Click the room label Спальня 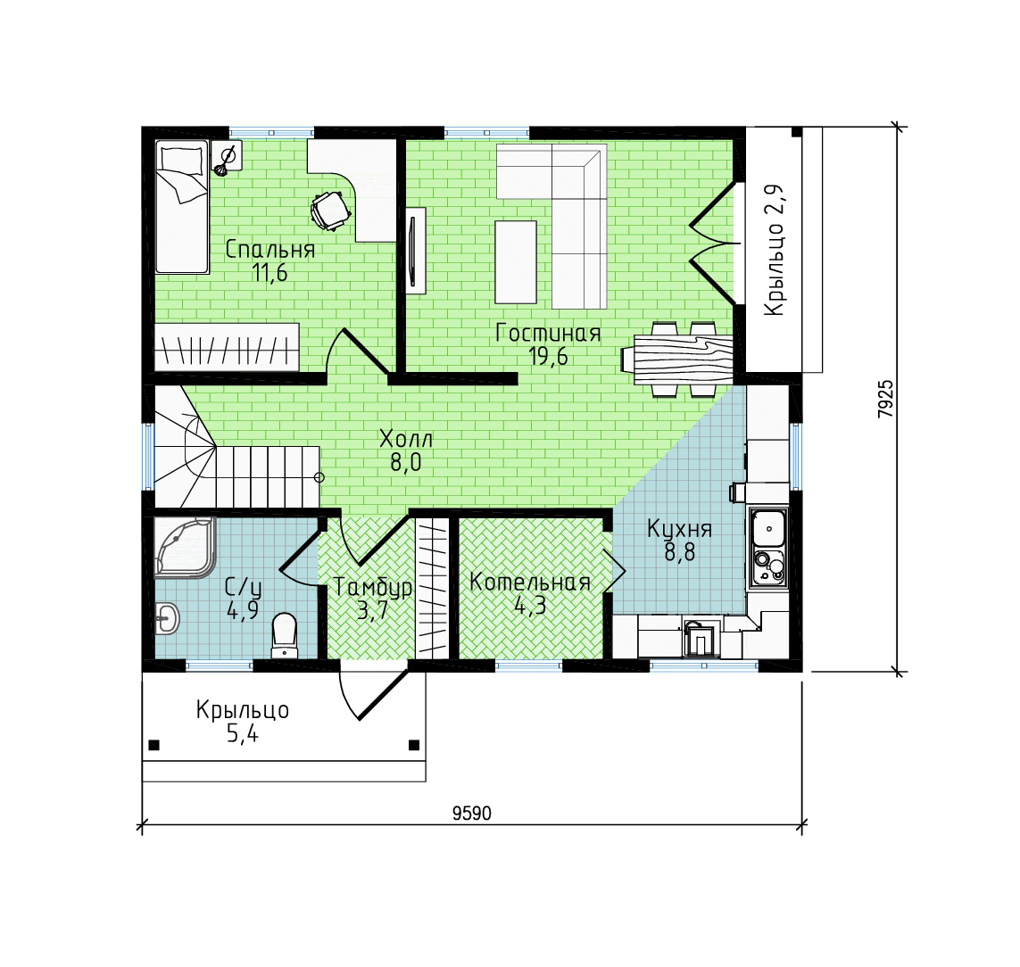point(270,249)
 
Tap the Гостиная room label point(548,333)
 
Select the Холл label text point(406,438)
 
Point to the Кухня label point(679,529)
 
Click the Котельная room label point(530,582)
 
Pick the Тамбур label point(373,587)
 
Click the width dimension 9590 point(471,813)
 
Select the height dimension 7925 point(885,399)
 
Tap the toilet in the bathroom point(285,635)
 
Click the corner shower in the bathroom point(184,547)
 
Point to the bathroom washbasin point(167,618)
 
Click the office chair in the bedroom point(330,210)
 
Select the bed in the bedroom point(182,207)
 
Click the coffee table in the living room point(516,262)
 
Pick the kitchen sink point(769,528)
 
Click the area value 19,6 point(548,356)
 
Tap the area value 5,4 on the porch point(242,733)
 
